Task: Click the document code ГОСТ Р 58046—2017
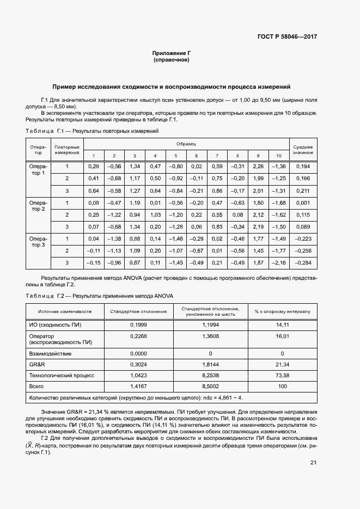tap(287, 37)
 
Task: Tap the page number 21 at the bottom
tap(313, 463)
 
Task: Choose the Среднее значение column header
tap(303, 150)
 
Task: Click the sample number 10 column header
tap(278, 156)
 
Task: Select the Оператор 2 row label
tap(38, 206)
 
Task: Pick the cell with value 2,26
tap(258, 166)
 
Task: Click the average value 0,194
tap(303, 166)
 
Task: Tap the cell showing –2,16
tap(278, 263)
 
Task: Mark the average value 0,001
tap(303, 203)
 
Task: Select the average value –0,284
tap(303, 263)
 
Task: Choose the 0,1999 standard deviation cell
tap(138, 324)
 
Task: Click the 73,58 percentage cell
tap(282, 375)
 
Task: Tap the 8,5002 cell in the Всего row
tap(210, 386)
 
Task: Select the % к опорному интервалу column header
tap(282, 311)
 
